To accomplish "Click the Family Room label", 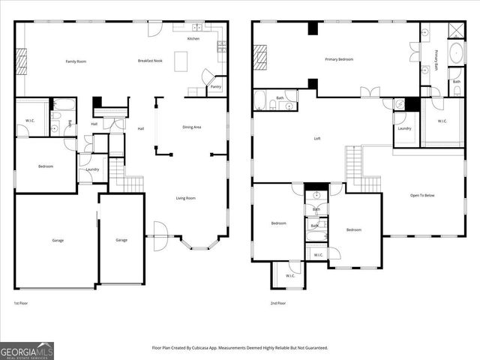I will [76, 61].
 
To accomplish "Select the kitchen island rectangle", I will [181, 61].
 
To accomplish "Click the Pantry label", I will [215, 87].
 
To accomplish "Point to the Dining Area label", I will [192, 127].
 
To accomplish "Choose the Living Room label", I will [186, 198].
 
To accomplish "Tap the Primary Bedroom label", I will [339, 59].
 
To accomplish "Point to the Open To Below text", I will [421, 196].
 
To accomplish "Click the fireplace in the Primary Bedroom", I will [260, 57].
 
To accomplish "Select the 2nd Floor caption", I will [277, 303].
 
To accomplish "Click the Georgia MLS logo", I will [27, 350].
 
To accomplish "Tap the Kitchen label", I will [193, 38].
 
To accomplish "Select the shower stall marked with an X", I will [454, 30].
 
